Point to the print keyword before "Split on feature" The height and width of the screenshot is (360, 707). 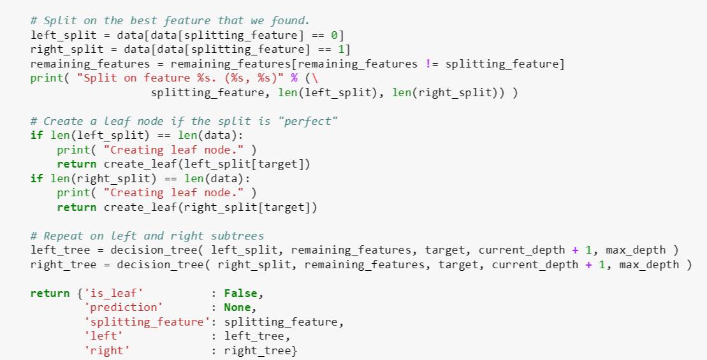pyautogui.click(x=43, y=78)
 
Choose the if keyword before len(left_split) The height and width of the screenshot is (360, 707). pyautogui.click(x=36, y=136)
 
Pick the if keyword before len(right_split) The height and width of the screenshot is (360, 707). pyautogui.click(x=36, y=178)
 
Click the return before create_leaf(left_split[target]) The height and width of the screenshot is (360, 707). pyautogui.click(x=76, y=164)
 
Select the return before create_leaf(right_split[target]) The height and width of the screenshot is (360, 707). pyautogui.click(x=76, y=207)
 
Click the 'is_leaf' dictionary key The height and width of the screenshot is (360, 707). pyautogui.click(x=113, y=294)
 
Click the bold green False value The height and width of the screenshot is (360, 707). pyautogui.click(x=241, y=294)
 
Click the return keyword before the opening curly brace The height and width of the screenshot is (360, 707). pyautogui.click(x=49, y=294)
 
